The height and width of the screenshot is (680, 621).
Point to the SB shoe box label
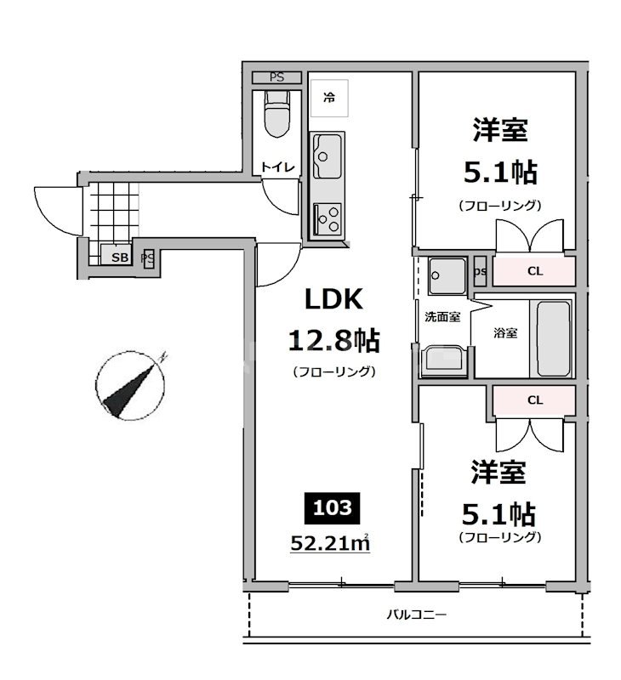[117, 257]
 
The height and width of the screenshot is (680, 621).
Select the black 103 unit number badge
[333, 508]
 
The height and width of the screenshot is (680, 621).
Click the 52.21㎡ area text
[329, 541]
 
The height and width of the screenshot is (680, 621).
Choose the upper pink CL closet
[535, 272]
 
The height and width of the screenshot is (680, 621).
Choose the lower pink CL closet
[535, 399]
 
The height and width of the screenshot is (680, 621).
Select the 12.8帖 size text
[333, 341]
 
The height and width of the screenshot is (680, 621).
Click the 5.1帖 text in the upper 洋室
[499, 173]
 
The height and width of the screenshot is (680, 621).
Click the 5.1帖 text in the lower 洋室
[499, 513]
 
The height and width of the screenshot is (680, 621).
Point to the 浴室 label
[505, 332]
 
